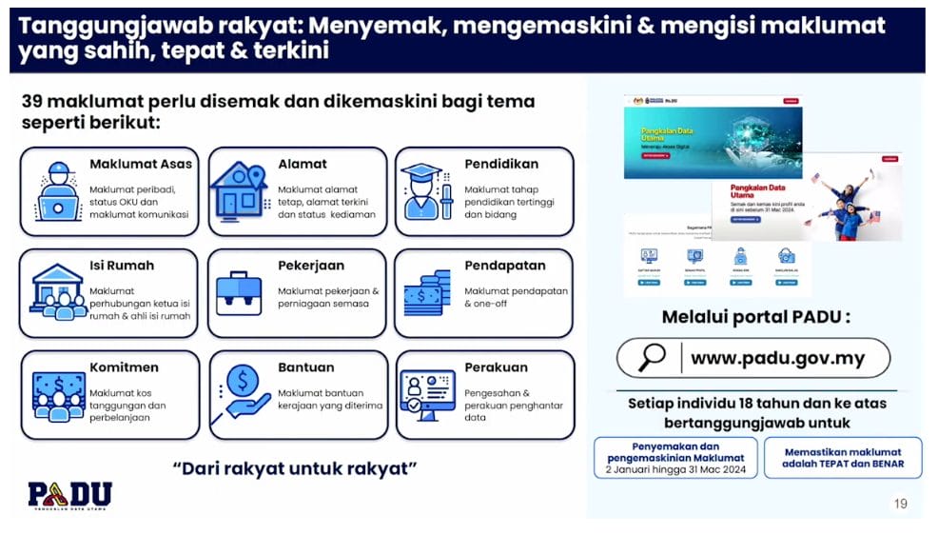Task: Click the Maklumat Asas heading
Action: point(140,164)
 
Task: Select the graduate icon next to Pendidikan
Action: point(425,190)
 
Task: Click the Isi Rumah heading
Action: point(121,266)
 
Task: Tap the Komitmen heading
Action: point(124,367)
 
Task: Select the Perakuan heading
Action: point(496,367)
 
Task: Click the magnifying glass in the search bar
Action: point(653,358)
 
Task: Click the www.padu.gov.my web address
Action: point(777,359)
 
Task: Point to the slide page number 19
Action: point(900,504)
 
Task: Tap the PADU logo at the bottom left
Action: point(69,496)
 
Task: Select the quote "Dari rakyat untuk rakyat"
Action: point(296,468)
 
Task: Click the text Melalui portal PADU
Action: point(756,316)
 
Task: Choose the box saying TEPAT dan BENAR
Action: point(843,458)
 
